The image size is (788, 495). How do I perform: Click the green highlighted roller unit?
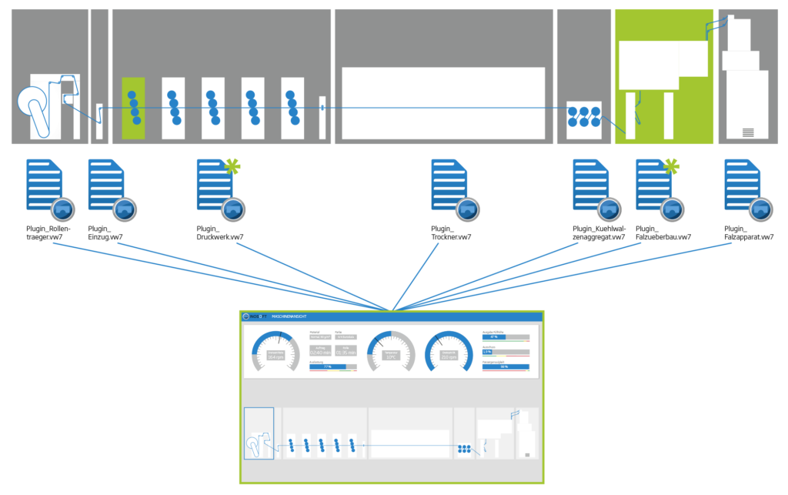pyautogui.click(x=133, y=108)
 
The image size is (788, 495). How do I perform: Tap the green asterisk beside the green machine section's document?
pyautogui.click(x=672, y=165)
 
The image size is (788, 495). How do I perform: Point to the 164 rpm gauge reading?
pyautogui.click(x=275, y=356)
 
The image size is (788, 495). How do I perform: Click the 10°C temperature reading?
pyautogui.click(x=391, y=356)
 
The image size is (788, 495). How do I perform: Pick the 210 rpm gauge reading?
pyautogui.click(x=449, y=356)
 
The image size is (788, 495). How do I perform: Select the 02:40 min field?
pyautogui.click(x=321, y=353)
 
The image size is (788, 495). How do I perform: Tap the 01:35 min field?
pyautogui.click(x=346, y=353)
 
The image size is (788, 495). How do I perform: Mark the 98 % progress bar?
pyautogui.click(x=505, y=366)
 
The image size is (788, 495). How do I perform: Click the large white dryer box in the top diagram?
pyautogui.click(x=443, y=102)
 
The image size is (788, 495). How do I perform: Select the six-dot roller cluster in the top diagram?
pyautogui.click(x=584, y=117)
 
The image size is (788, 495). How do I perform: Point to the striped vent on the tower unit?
pyautogui.click(x=748, y=132)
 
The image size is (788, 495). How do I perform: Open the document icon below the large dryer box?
pyautogui.click(x=450, y=186)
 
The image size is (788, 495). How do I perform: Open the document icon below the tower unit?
pyautogui.click(x=743, y=186)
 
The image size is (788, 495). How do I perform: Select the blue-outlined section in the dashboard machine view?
pyautogui.click(x=259, y=433)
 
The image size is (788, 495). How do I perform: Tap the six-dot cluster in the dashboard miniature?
pyautogui.click(x=464, y=447)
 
